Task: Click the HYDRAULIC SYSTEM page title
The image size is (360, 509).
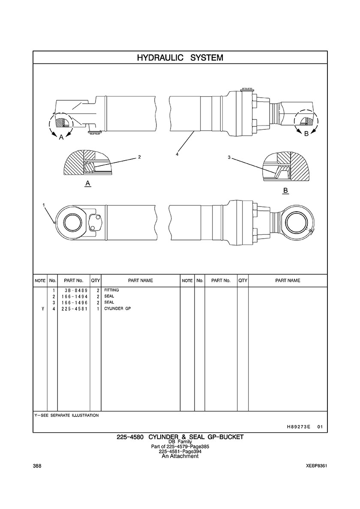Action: tap(180, 57)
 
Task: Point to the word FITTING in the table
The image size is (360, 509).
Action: tap(111, 290)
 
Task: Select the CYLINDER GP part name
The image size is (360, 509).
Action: tap(117, 308)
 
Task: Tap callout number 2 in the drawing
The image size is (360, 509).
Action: tap(139, 157)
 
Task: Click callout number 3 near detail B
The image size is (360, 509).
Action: tap(229, 158)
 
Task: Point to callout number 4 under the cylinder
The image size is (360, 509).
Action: tap(177, 154)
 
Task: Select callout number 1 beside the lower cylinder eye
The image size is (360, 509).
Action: tap(44, 205)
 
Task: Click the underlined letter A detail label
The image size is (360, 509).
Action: tap(87, 183)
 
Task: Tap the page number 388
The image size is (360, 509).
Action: tap(36, 466)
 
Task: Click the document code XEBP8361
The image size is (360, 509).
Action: tap(318, 466)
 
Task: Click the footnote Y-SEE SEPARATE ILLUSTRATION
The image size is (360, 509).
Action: tap(66, 416)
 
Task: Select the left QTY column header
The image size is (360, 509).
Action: tap(95, 281)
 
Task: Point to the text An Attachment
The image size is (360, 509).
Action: tap(180, 456)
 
